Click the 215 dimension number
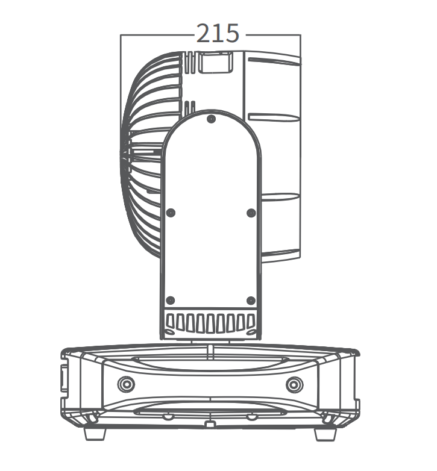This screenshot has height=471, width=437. pyautogui.click(x=218, y=33)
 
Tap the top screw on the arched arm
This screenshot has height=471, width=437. pyautogui.click(x=212, y=119)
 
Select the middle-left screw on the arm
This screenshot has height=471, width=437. pyautogui.click(x=171, y=213)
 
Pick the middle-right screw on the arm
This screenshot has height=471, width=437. pyautogui.click(x=251, y=213)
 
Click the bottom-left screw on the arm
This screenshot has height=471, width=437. pyautogui.click(x=171, y=300)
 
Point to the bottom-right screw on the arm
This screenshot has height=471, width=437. pyautogui.click(x=251, y=301)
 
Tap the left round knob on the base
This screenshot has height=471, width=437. pyautogui.click(x=126, y=384)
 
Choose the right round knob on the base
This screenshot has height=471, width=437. pyautogui.click(x=295, y=384)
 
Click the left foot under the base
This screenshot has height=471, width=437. pyautogui.click(x=95, y=434)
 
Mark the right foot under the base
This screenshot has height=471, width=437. pyautogui.click(x=325, y=434)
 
